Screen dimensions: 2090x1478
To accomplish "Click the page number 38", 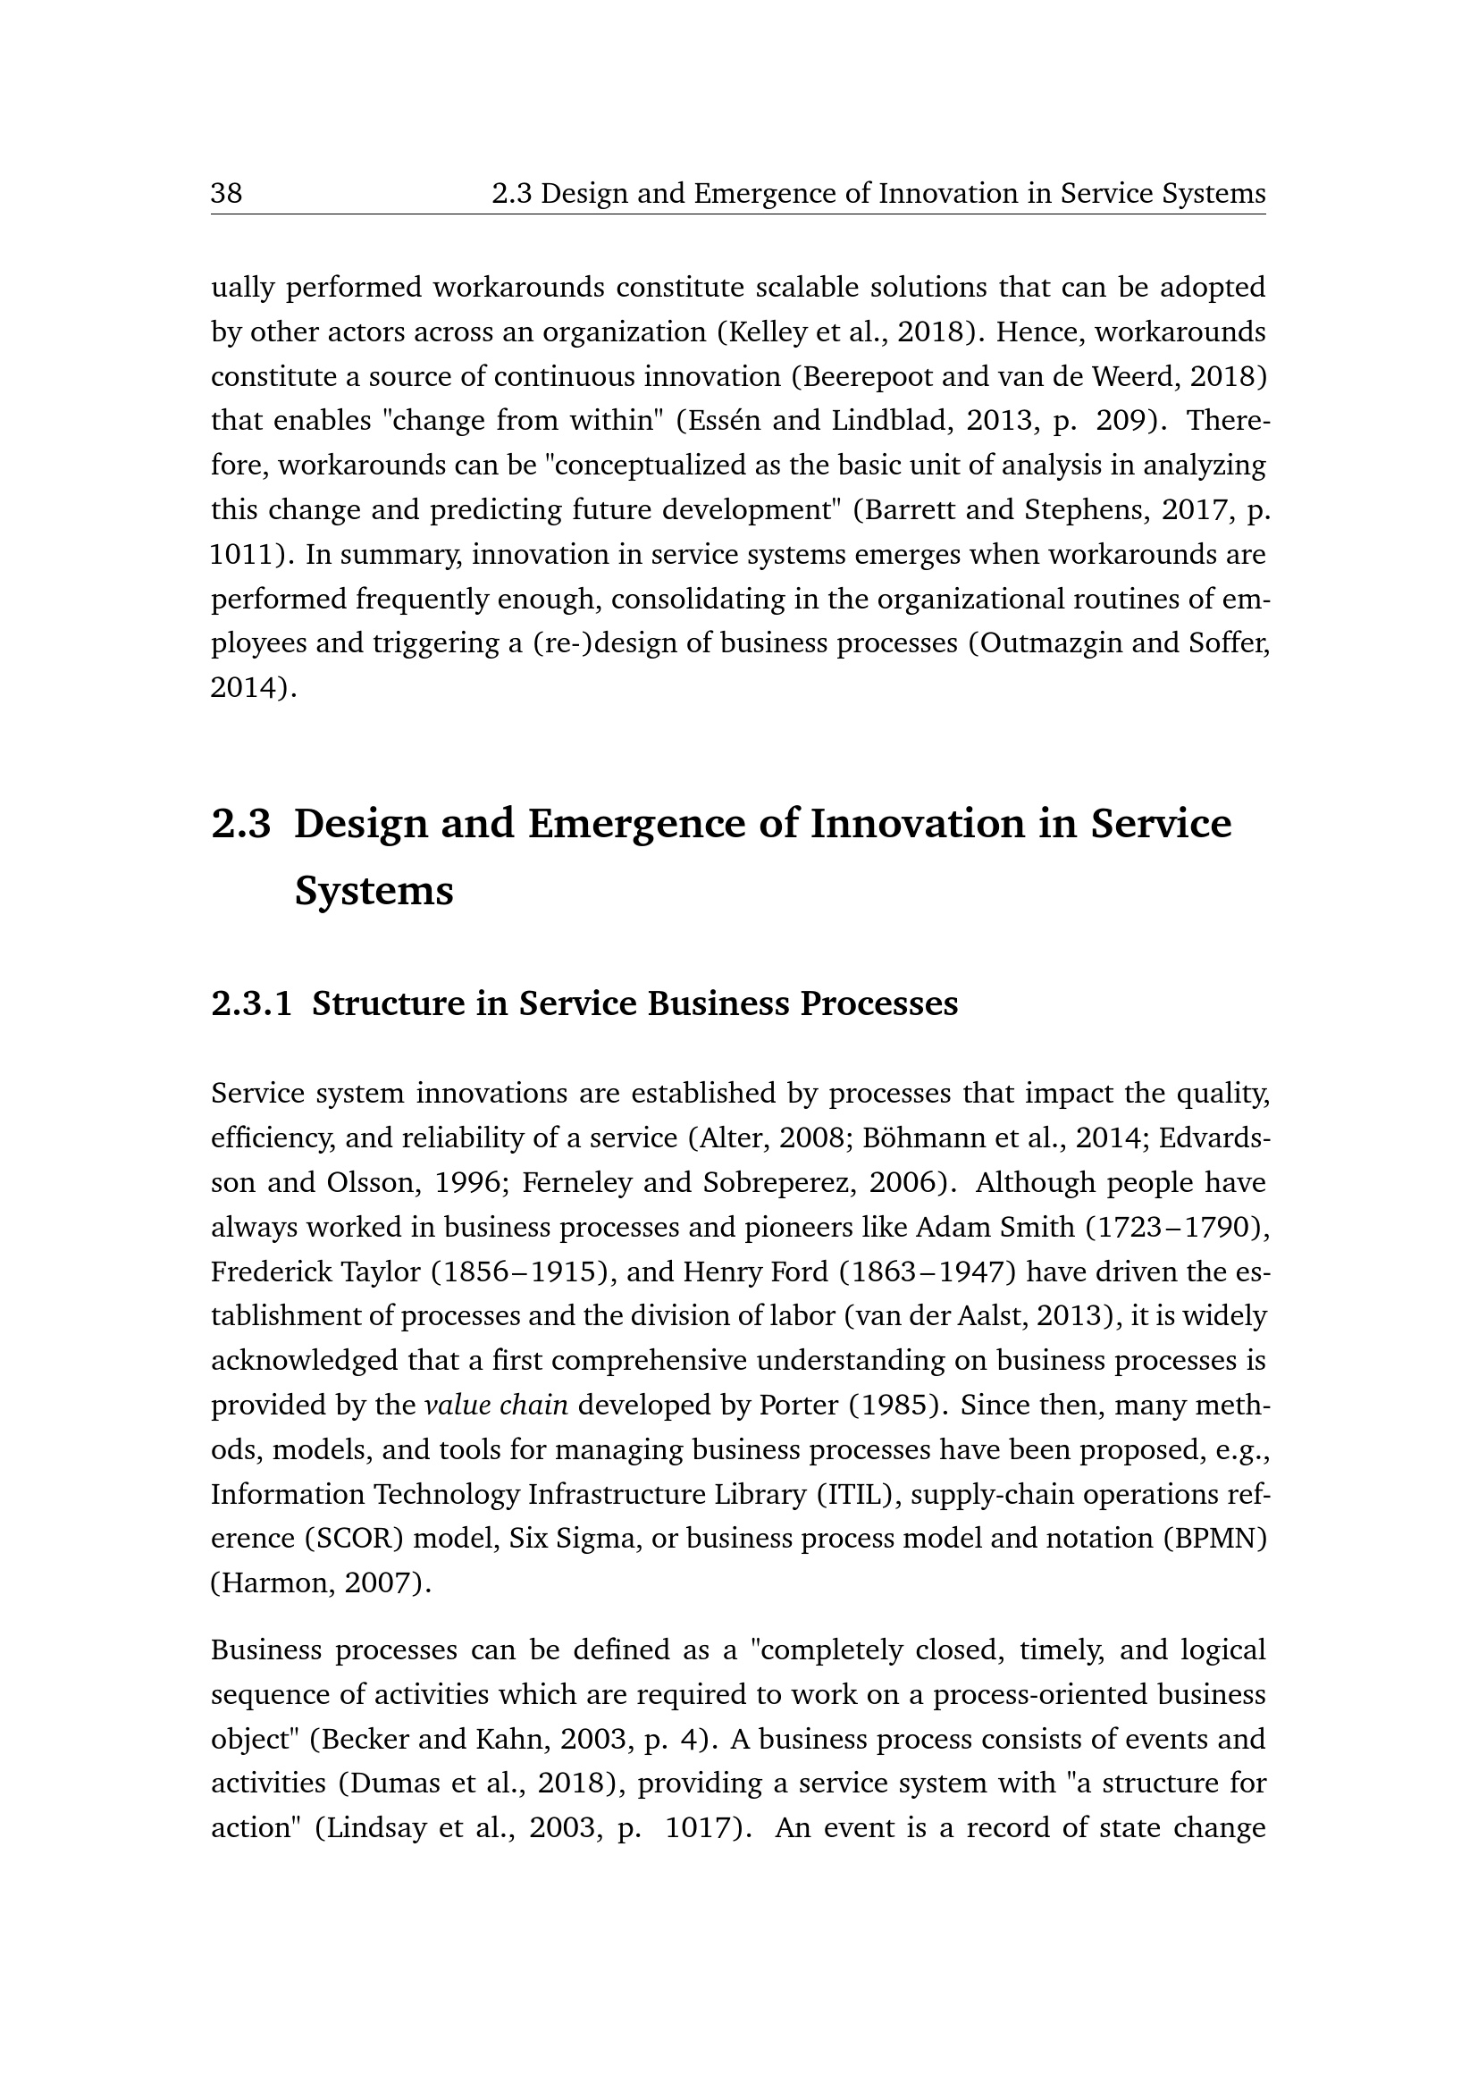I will click(227, 194).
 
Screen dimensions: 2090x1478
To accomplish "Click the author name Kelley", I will click(767, 332).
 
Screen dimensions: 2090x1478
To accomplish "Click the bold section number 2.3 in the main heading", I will click(241, 824).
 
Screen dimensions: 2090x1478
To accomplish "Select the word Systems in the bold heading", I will click(374, 890).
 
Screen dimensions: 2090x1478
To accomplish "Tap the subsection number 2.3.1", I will click(252, 1003).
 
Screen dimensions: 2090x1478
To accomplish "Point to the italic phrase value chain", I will click(496, 1406).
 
